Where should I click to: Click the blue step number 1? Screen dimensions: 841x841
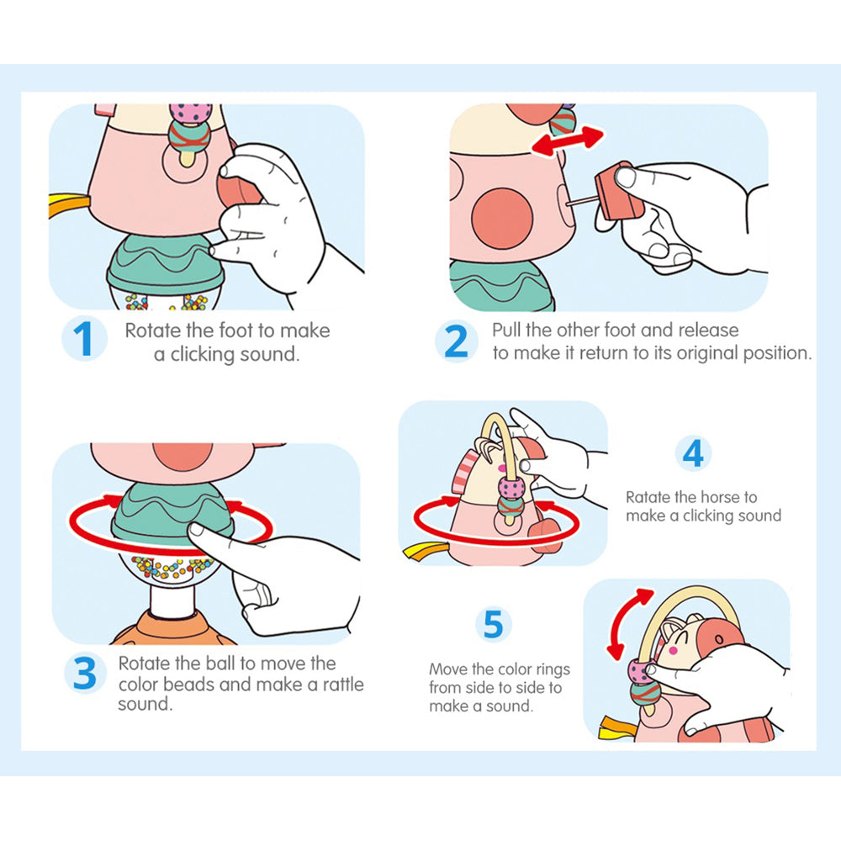click(83, 338)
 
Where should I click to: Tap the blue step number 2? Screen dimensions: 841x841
click(456, 341)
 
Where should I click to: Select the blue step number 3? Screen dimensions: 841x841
click(85, 673)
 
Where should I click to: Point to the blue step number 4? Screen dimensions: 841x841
click(693, 454)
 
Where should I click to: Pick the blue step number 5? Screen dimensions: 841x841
click(494, 624)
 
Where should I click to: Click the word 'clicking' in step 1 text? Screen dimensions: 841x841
click(203, 355)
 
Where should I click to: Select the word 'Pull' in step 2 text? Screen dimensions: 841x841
click(506, 330)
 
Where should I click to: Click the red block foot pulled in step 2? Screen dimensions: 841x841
click(619, 192)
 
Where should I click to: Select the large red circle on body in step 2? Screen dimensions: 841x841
click(502, 218)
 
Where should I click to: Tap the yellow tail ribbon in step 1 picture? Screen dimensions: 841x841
click(70, 205)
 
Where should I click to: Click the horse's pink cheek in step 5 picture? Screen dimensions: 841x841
click(673, 651)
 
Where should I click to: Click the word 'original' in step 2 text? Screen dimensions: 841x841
click(707, 353)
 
